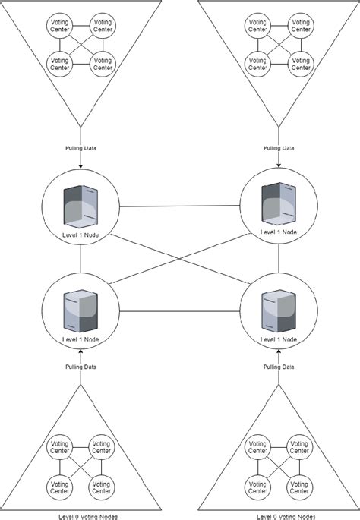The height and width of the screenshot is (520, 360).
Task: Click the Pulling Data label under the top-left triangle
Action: tap(81, 148)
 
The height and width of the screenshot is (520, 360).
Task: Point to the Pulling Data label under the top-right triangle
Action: tap(278, 148)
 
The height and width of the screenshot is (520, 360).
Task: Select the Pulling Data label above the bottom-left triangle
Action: tap(81, 367)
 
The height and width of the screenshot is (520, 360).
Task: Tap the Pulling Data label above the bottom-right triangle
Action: tap(278, 367)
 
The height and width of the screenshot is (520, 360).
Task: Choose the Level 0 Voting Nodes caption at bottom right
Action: tap(278, 515)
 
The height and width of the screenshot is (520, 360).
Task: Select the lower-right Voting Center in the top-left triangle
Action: tap(102, 65)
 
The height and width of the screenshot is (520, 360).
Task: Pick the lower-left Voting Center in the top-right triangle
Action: tap(257, 65)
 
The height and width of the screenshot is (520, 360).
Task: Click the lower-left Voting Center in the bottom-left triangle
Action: tap(59, 484)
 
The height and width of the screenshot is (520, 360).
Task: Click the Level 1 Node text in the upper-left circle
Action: tap(81, 235)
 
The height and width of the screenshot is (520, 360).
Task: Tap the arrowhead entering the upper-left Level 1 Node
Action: tap(81, 171)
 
